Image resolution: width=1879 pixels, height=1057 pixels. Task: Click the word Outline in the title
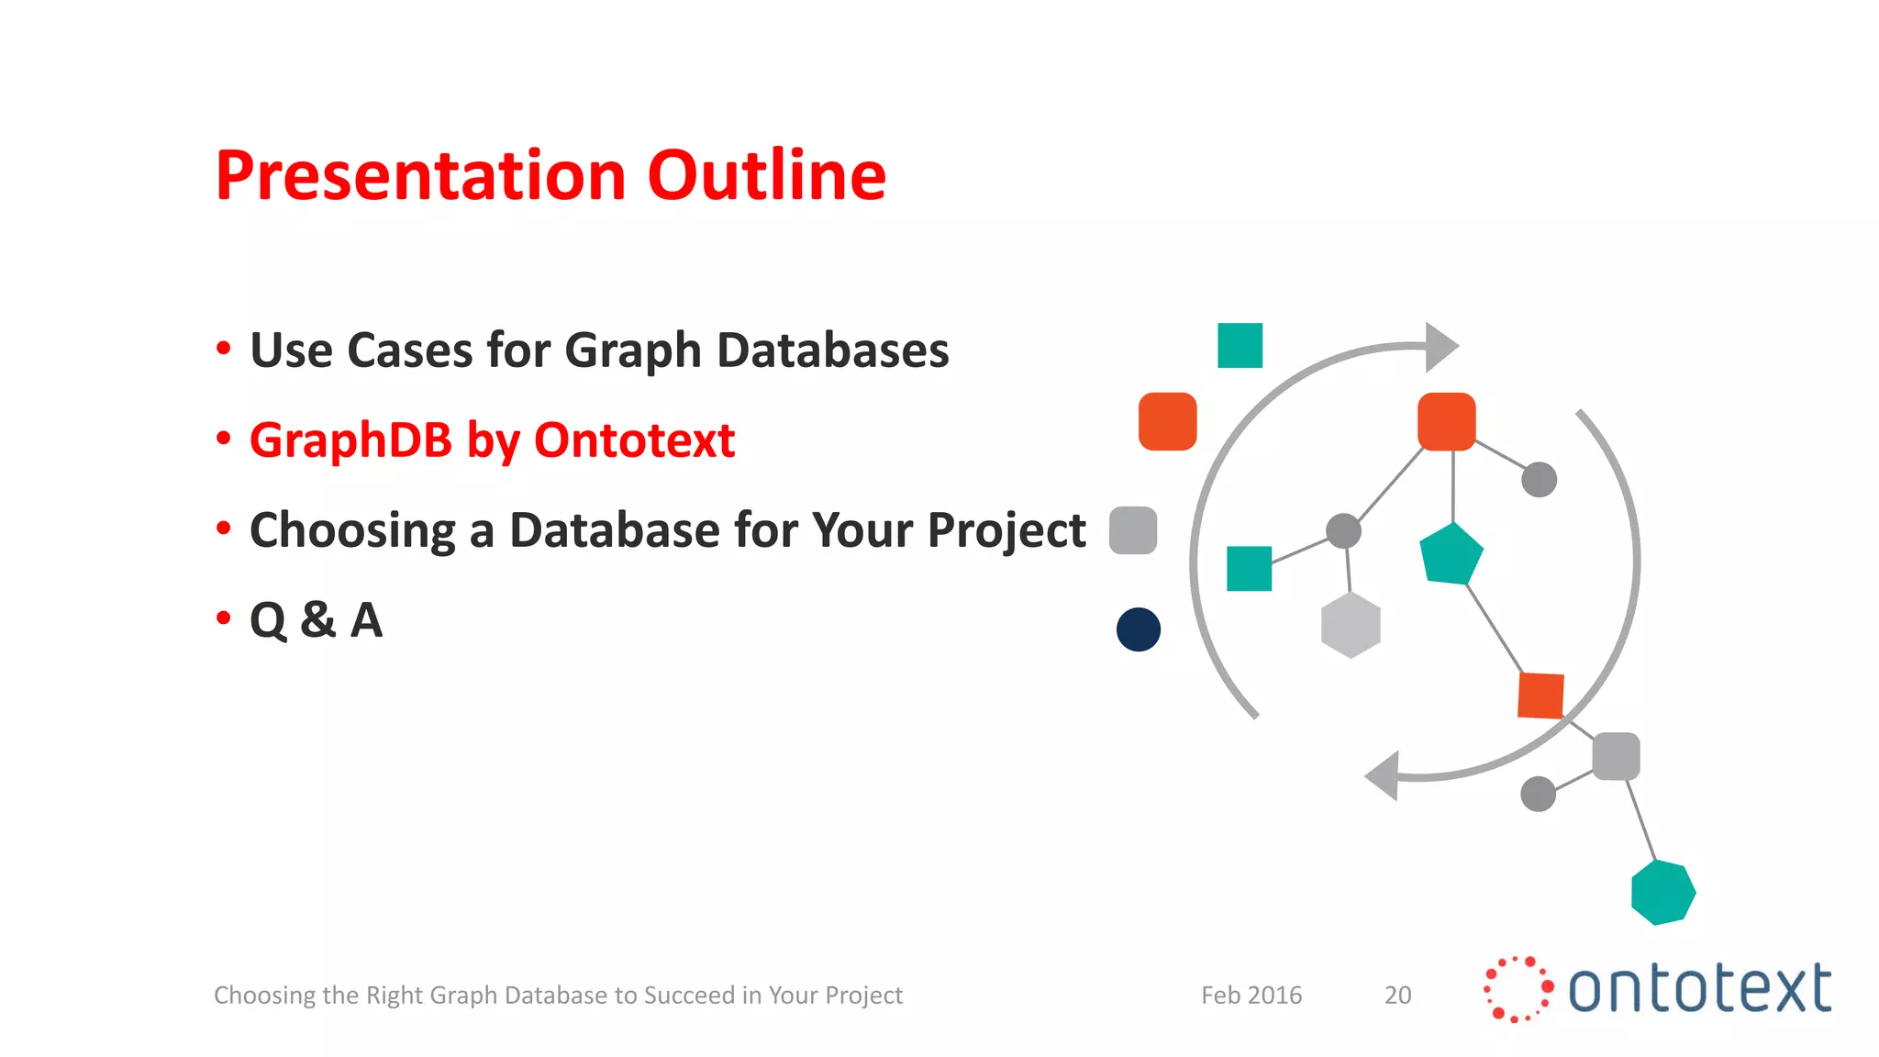[766, 175]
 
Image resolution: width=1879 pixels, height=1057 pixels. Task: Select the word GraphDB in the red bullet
[350, 441]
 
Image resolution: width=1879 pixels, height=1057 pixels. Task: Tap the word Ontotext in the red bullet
[634, 440]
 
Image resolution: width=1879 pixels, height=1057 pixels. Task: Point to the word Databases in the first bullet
[832, 350]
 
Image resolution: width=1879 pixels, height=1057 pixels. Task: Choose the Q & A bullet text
[316, 620]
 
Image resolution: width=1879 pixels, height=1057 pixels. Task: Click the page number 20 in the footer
[1397, 996]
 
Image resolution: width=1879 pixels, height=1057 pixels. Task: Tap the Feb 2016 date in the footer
[1251, 996]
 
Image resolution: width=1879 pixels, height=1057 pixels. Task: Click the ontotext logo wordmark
[1699, 989]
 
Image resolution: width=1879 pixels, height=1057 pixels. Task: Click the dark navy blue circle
[1139, 629]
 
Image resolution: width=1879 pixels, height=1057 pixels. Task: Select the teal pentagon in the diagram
[1451, 555]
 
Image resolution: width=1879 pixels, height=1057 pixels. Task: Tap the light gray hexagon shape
[1351, 625]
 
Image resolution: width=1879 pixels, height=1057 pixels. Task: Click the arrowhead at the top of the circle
[1440, 347]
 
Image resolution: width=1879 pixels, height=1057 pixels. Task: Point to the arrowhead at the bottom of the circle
[1384, 776]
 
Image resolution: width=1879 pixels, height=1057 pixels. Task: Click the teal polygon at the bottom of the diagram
[1662, 892]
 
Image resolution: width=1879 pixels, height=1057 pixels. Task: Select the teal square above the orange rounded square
[1240, 346]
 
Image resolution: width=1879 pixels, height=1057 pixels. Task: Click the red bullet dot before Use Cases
[223, 349]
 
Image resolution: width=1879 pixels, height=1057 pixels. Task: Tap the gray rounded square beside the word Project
[1133, 530]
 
